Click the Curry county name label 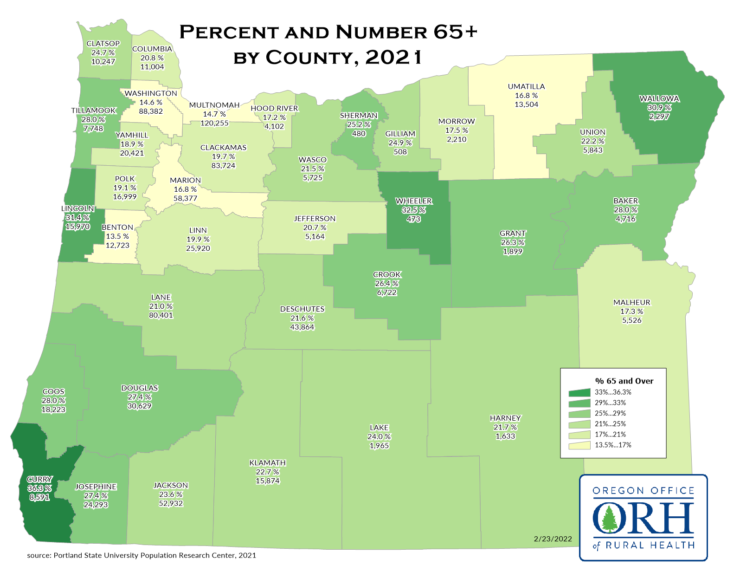coord(39,479)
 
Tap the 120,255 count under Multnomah coord(214,123)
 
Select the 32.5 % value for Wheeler coord(413,210)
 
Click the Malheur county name coord(632,302)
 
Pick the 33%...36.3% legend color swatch coord(579,392)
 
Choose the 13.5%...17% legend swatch coord(579,445)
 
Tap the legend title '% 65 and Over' coord(624,381)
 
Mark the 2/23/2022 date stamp coord(553,539)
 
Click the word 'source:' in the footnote coord(39,555)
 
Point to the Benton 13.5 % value coord(117,236)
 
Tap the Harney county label coord(505,418)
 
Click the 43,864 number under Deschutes coord(302,327)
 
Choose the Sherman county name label coord(359,116)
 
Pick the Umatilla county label coord(526,86)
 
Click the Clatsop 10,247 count coord(103,62)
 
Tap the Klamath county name coord(268,463)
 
